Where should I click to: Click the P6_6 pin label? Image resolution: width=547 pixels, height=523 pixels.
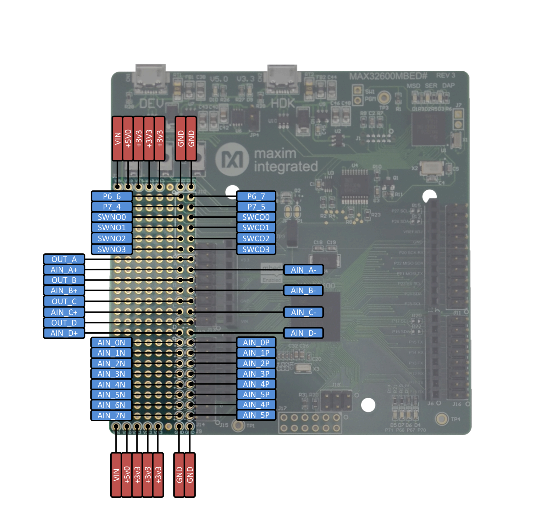pos(112,196)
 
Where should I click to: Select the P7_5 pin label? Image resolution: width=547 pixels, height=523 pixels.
pos(256,207)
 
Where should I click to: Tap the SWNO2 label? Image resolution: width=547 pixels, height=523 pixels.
pos(112,238)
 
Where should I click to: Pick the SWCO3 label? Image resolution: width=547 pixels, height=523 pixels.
pos(256,249)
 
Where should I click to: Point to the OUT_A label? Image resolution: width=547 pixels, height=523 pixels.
pos(64,259)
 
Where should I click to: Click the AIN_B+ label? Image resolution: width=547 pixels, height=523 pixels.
pos(64,291)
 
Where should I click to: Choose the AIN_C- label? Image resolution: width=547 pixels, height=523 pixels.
pos(303,312)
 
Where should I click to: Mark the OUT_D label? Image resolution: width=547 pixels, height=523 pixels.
pos(64,323)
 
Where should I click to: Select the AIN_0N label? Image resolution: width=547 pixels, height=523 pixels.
pos(111,342)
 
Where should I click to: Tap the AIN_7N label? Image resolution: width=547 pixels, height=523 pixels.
pos(111,415)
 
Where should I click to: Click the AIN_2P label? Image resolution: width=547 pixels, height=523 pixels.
pos(256,363)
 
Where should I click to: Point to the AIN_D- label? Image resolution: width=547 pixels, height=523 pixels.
pos(303,333)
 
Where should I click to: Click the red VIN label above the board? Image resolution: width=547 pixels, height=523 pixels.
pos(118,139)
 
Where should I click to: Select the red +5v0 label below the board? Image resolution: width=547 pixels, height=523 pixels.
pos(127,475)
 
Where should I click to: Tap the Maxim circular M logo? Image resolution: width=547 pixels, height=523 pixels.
pos(232,159)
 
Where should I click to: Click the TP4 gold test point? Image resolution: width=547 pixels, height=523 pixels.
pos(442,419)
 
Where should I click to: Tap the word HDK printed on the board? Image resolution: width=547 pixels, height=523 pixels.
pos(283,103)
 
